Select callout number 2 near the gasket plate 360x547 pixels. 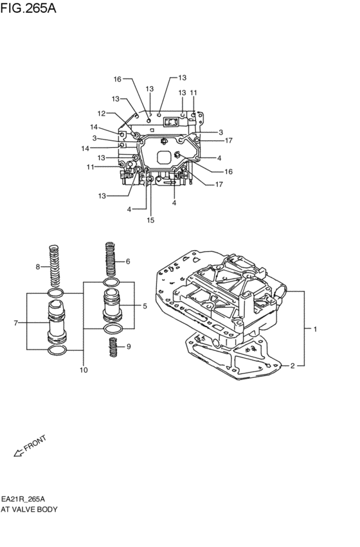(x=292, y=366)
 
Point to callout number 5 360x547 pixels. (x=145, y=306)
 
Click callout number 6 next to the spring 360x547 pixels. (x=128, y=261)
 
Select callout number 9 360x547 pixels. (x=128, y=347)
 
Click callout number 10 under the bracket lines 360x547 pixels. (x=83, y=370)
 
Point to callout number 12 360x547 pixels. (x=101, y=113)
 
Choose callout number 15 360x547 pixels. (x=150, y=220)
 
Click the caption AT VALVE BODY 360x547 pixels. (x=30, y=509)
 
